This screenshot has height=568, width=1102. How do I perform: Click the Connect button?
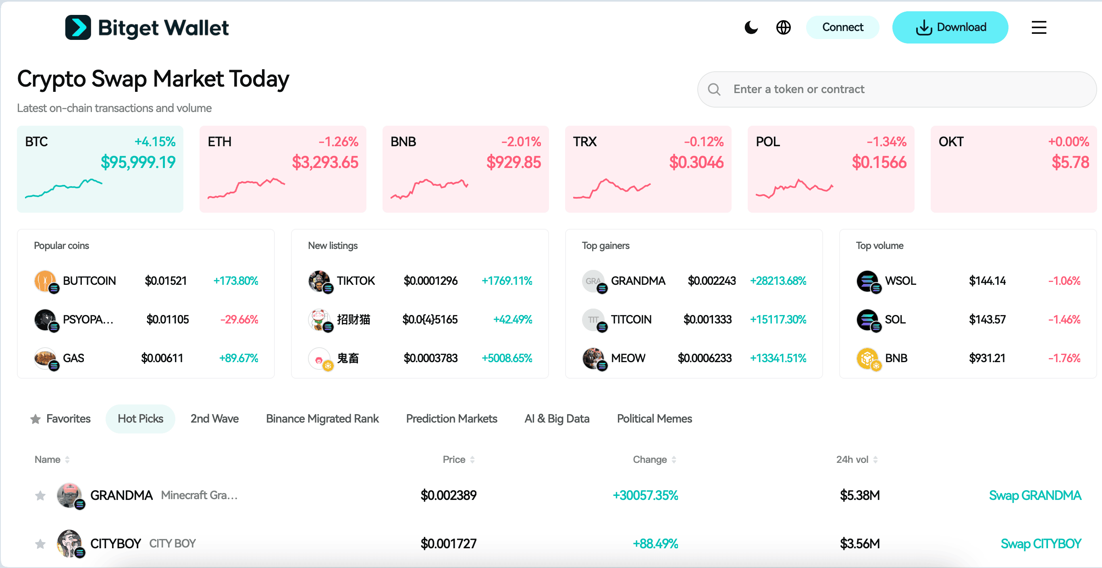pos(842,27)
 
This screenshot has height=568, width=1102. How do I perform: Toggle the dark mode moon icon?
pos(751,27)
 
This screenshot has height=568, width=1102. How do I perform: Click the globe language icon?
pos(783,27)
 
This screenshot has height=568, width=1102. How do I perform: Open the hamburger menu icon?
pos(1039,27)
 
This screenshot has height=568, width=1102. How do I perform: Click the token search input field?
pos(898,89)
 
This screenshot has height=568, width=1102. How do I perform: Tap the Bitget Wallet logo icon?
pos(78,27)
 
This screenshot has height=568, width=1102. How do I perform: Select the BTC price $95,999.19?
pos(138,162)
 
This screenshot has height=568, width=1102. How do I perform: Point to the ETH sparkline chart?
pos(246,188)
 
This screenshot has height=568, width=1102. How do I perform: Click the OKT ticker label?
pos(950,142)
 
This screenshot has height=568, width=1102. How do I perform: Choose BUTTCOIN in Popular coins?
pos(89,281)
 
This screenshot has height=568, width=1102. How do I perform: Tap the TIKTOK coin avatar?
pos(319,281)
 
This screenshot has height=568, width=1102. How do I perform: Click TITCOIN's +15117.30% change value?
pos(778,320)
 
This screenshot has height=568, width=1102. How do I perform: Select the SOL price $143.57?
pos(987,320)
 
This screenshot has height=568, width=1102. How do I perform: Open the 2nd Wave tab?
pos(214,419)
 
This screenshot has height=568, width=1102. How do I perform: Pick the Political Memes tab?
pos(654,419)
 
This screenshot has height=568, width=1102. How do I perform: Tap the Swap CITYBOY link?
pos(1040,544)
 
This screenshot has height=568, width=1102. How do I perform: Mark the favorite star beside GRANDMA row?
pos(40,496)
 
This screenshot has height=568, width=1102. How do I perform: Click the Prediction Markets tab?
pos(451,419)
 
